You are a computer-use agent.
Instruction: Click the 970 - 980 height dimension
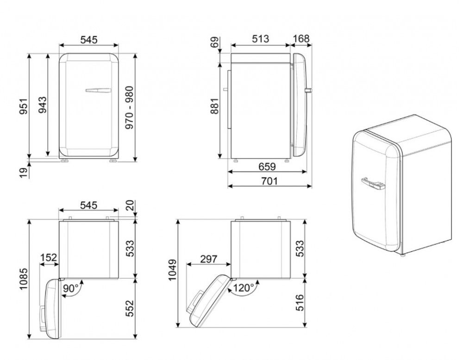130,108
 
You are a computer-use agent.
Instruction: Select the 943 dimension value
42,105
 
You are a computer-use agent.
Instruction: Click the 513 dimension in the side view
260,39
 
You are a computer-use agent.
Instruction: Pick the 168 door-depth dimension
301,39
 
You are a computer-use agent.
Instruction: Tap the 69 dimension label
215,42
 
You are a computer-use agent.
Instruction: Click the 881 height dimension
215,106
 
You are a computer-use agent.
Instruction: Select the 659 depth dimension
267,167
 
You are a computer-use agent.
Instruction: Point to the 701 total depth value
269,180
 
